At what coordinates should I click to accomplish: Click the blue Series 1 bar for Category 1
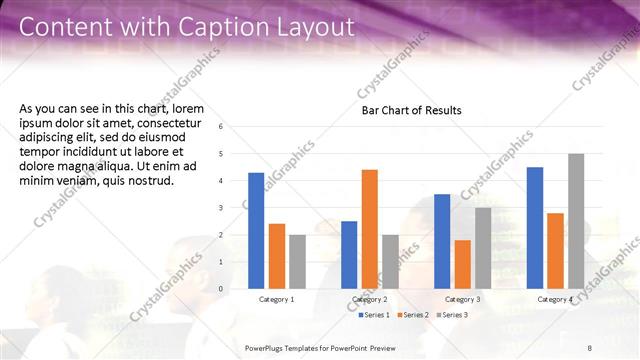coord(256,230)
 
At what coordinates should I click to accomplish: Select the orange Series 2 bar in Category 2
coord(369,228)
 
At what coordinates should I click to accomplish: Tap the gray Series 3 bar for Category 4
coord(576,221)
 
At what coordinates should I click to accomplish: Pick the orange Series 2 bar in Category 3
coord(462,264)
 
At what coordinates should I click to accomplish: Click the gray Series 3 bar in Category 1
coord(298,262)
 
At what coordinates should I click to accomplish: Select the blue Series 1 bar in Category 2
coord(349,254)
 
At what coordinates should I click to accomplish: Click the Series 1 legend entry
coord(375,315)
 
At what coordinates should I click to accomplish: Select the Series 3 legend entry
coord(453,315)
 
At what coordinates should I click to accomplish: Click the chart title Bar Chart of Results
coord(411,110)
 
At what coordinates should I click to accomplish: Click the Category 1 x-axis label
coord(277,299)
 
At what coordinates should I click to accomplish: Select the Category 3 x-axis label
coord(462,299)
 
